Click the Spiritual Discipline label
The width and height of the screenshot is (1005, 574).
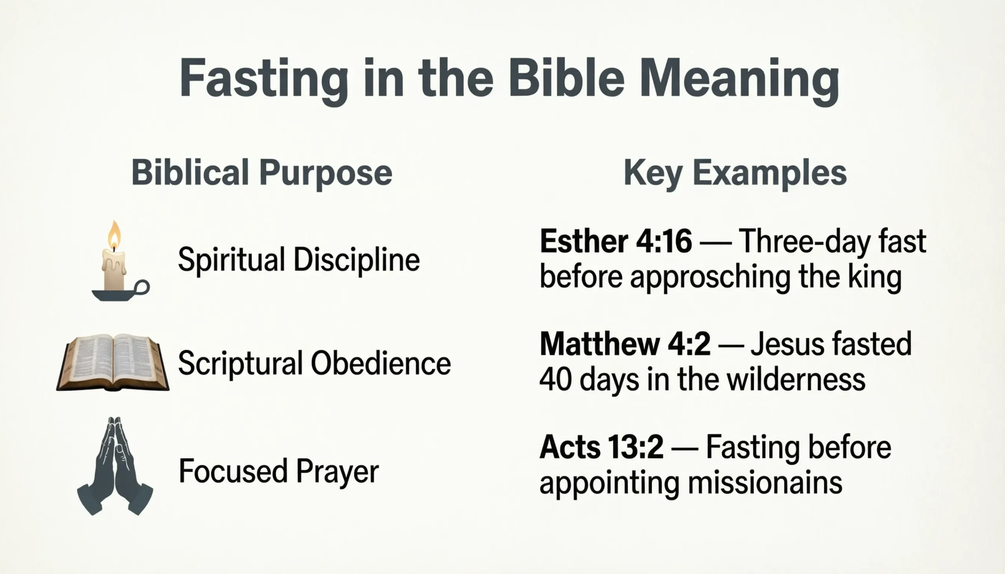pyautogui.click(x=299, y=260)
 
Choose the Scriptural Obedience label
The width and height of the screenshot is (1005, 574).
pyautogui.click(x=314, y=363)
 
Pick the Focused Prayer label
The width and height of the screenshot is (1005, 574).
pyautogui.click(x=279, y=471)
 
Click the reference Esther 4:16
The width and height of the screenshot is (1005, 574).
pyautogui.click(x=616, y=241)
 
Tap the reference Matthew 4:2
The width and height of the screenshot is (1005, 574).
pyautogui.click(x=625, y=344)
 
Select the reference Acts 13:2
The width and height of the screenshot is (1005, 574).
pyautogui.click(x=601, y=447)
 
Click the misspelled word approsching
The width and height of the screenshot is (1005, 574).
pyautogui.click(x=710, y=277)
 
